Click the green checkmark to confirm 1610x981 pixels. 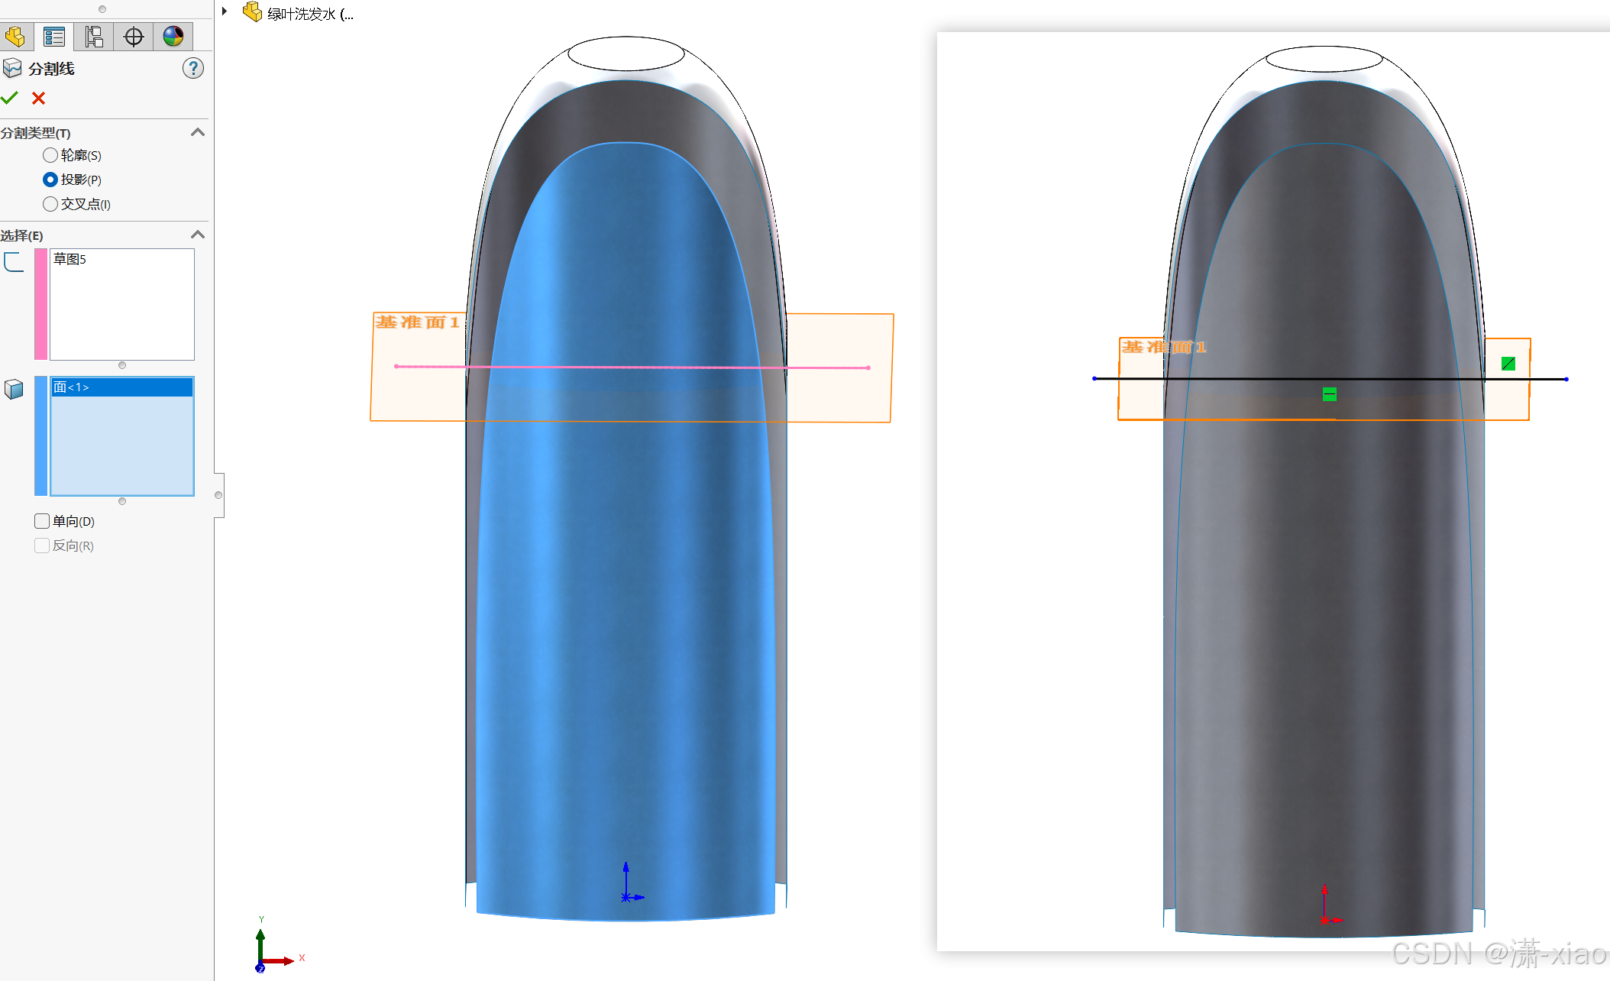click(9, 98)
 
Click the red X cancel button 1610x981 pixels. click(39, 98)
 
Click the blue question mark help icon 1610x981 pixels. click(193, 69)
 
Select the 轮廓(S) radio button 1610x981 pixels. click(50, 155)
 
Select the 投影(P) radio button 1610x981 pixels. click(50, 180)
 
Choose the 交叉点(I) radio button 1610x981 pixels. click(50, 204)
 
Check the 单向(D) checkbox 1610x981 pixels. click(42, 521)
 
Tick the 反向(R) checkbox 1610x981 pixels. click(42, 546)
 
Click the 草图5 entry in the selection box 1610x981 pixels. click(70, 259)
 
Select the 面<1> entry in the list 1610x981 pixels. click(71, 387)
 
